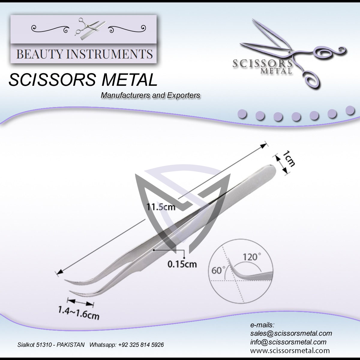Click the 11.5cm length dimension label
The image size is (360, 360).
(x=161, y=207)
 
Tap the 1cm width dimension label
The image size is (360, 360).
(x=289, y=159)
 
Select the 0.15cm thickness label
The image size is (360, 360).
(x=182, y=264)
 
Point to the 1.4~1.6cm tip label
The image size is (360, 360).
(x=79, y=313)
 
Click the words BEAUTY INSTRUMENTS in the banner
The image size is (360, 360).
(x=84, y=54)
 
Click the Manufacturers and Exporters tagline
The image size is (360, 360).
(x=150, y=95)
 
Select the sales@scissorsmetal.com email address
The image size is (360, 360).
(x=291, y=333)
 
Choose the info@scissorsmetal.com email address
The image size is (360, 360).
(x=288, y=342)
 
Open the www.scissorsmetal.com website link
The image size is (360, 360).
(x=290, y=350)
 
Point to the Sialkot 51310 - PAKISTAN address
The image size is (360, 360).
(x=51, y=345)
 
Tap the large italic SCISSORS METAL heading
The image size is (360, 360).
(x=83, y=80)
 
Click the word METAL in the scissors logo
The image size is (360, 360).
(x=276, y=71)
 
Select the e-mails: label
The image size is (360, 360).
(x=262, y=325)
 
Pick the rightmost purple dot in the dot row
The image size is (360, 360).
(x=350, y=110)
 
